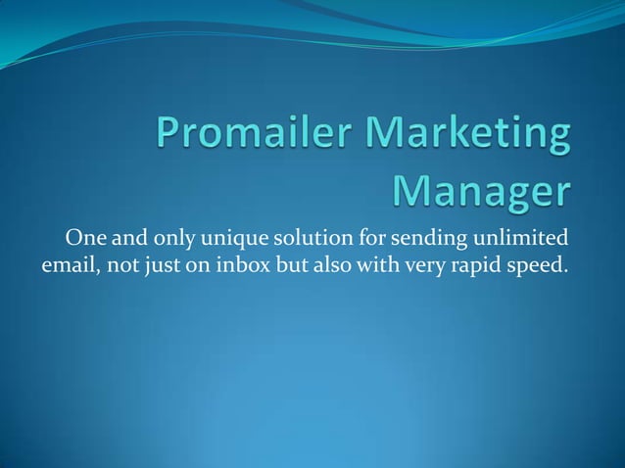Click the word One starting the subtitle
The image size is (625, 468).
coord(84,238)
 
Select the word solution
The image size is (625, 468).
coord(318,238)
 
